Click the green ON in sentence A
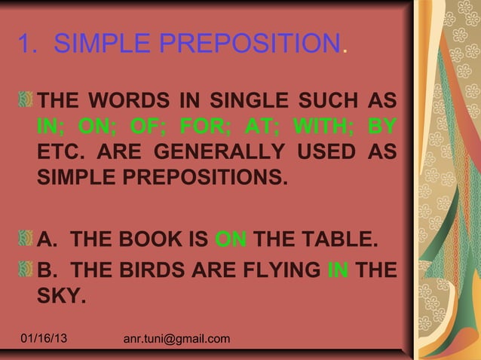pyautogui.click(x=231, y=243)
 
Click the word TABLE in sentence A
pyautogui.click(x=337, y=243)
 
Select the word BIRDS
pyautogui.click(x=153, y=269)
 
